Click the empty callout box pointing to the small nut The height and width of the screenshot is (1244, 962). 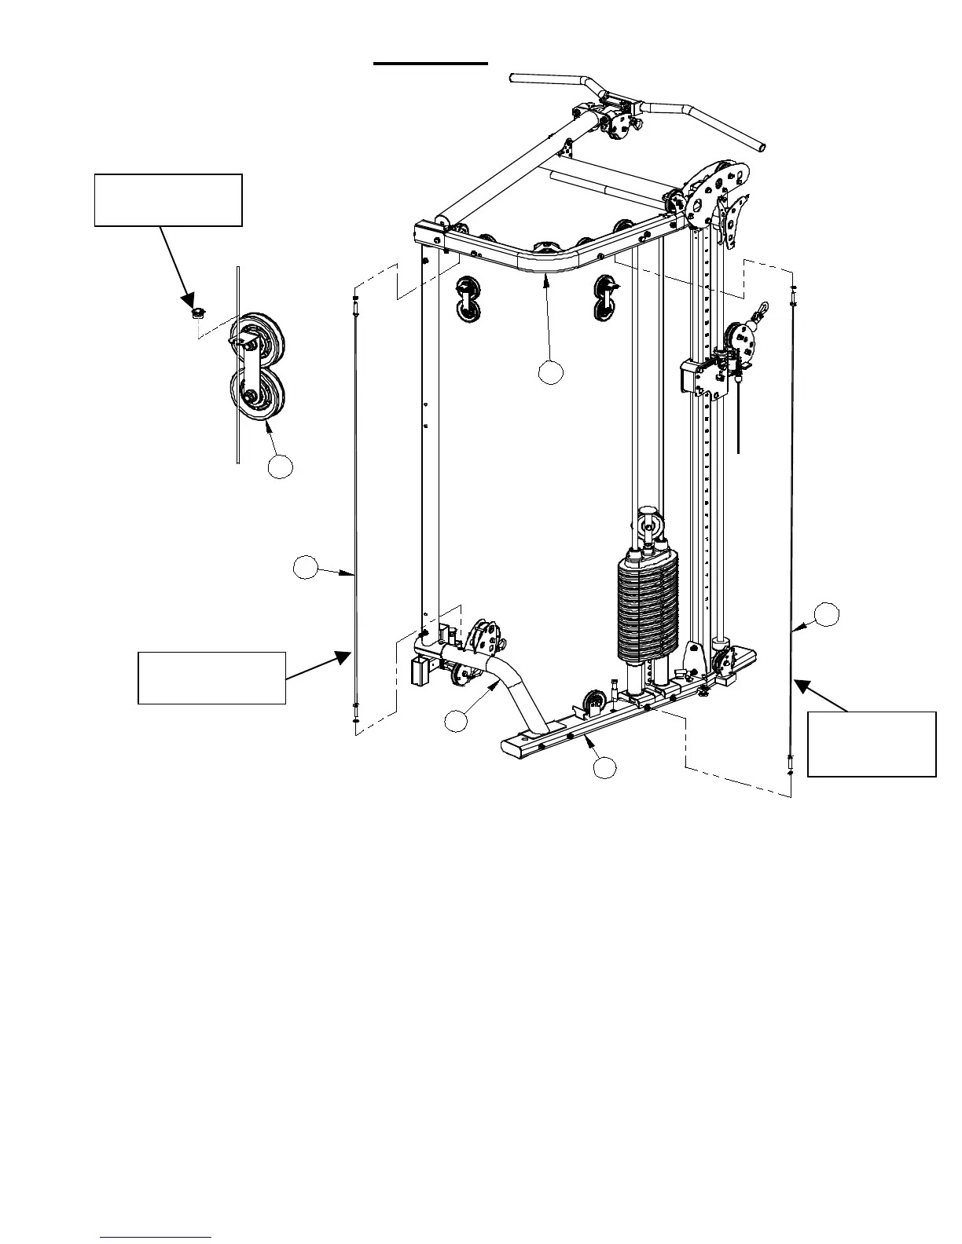click(168, 200)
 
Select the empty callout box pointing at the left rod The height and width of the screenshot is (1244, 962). click(211, 677)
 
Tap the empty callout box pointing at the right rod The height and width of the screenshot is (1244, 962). click(872, 744)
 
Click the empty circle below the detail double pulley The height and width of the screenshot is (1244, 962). click(280, 466)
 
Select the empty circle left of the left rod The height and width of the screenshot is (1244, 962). click(306, 569)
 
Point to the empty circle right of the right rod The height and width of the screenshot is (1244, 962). click(826, 615)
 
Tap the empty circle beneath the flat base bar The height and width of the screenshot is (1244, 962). click(604, 767)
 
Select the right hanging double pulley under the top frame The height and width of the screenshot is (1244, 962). click(607, 296)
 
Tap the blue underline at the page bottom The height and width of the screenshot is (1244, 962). click(156, 1237)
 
